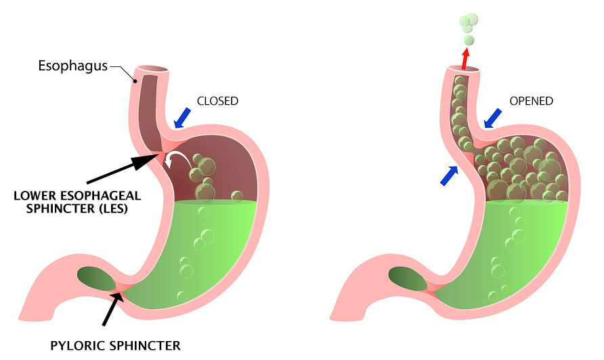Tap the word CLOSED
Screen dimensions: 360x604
coord(217,101)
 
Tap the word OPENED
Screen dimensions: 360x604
coord(532,101)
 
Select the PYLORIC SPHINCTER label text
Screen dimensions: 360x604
coord(115,346)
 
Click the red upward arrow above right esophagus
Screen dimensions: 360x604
coord(465,58)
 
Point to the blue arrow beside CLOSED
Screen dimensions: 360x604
coord(182,118)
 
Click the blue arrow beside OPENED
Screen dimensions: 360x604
coord(495,119)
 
